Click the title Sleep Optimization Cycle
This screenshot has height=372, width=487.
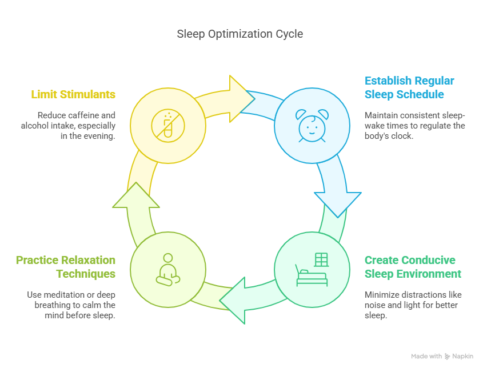coord(239,34)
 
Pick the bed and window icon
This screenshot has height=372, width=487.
coord(312,269)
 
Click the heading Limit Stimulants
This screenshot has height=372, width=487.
coord(73,94)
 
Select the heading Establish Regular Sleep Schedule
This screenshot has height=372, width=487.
coord(409,87)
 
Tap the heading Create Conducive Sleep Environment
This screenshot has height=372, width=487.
coord(413,267)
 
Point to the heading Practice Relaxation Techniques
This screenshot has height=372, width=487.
coord(66,267)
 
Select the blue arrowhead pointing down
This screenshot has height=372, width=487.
coord(337,202)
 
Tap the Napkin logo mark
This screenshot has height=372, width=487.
coord(447,357)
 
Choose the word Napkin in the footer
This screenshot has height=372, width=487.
coord(463,357)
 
